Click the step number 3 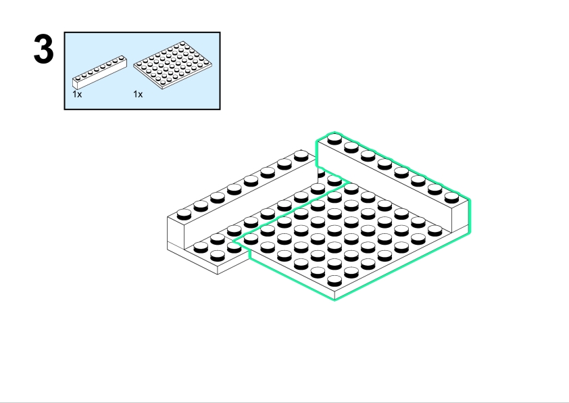[x=43, y=48]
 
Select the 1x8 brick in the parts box [x=100, y=72]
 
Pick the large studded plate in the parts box [x=173, y=65]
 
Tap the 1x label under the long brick [x=77, y=95]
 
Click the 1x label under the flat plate [x=138, y=95]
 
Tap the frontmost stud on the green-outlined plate [x=335, y=281]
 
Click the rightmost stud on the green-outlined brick [x=451, y=197]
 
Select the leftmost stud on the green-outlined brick [x=335, y=139]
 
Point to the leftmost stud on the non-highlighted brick [x=184, y=214]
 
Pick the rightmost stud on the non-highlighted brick [x=301, y=156]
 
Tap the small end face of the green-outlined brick [x=460, y=214]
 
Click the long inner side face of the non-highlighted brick [x=251, y=204]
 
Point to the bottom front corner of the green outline [x=335, y=300]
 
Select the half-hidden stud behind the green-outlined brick [x=321, y=174]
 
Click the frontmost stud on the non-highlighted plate [x=218, y=256]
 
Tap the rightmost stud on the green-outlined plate [x=435, y=231]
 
